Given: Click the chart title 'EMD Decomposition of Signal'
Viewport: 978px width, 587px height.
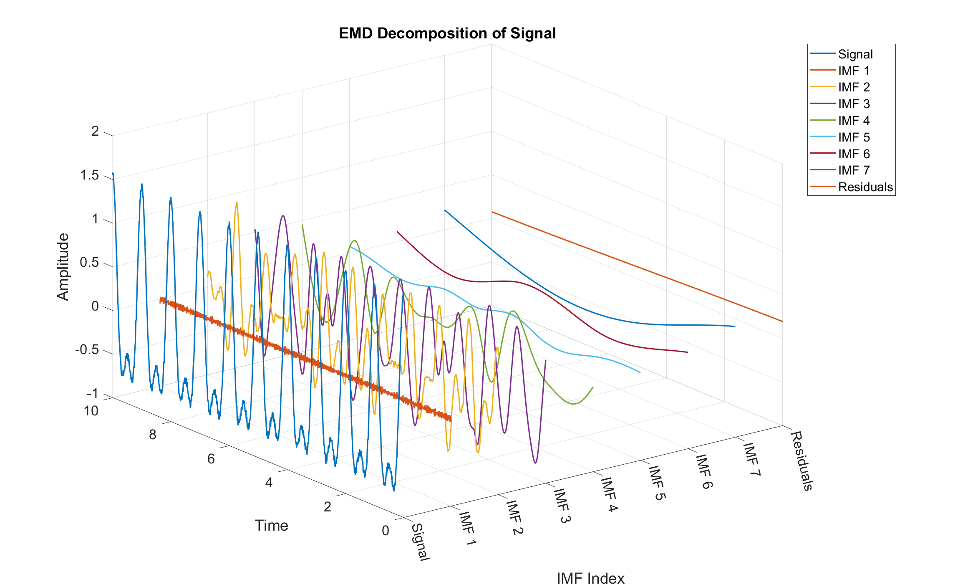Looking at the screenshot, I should tap(447, 33).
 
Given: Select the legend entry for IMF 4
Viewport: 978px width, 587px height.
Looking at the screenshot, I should tap(854, 121).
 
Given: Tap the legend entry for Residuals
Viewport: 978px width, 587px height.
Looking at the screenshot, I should tap(865, 187).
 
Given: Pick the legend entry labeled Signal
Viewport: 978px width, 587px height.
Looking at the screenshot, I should tap(855, 54).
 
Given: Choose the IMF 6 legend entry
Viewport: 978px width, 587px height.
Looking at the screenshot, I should tap(854, 154).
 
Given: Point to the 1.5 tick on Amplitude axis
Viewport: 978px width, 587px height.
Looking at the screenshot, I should tap(90, 175).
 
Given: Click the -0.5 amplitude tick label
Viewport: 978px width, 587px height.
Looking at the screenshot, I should tap(87, 350).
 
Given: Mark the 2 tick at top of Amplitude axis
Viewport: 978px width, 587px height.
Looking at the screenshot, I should tap(95, 132).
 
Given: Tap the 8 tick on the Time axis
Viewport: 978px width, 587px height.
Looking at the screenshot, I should tap(153, 435).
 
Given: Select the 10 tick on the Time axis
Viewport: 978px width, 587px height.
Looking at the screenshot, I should tap(91, 411).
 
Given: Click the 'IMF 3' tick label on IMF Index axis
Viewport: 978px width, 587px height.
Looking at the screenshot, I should tap(562, 506).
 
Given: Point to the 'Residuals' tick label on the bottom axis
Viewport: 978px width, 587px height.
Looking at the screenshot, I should tap(802, 461).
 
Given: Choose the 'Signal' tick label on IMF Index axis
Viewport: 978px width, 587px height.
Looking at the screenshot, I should tap(420, 542).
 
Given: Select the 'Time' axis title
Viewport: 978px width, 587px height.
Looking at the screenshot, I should tap(271, 526).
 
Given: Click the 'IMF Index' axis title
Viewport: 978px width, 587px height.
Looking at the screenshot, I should tap(590, 579).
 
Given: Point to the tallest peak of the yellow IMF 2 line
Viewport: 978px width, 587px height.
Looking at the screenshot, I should tap(237, 203).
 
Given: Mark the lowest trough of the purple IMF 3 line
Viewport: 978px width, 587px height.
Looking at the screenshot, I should tap(535, 463).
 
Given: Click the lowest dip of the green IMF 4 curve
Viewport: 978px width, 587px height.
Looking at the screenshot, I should tap(574, 404).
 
